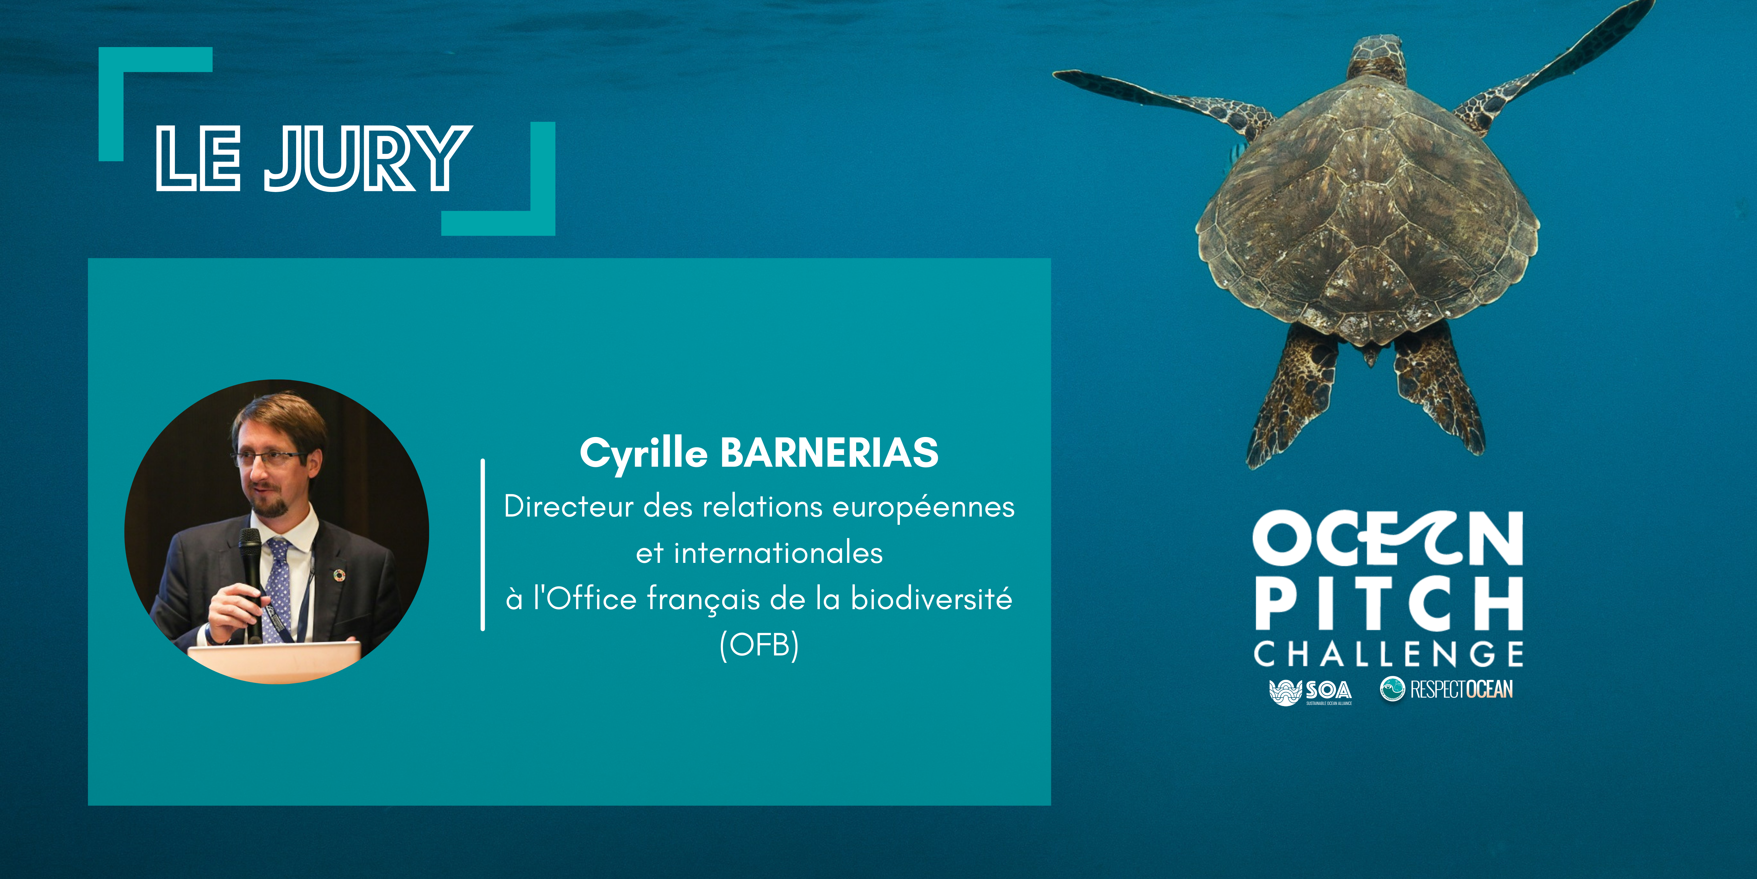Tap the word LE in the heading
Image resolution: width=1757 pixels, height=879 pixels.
198,158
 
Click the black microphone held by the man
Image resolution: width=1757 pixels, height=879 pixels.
251,573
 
